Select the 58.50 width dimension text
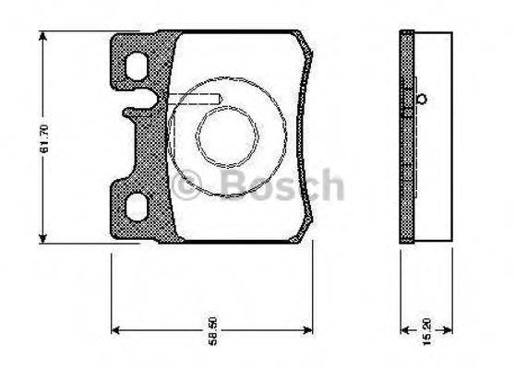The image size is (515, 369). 212,330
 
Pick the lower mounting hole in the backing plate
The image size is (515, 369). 136,206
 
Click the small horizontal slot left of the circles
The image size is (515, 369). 191,99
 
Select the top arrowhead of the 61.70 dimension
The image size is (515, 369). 43,35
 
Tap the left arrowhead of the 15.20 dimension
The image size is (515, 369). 403,329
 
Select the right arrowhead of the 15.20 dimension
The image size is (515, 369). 447,329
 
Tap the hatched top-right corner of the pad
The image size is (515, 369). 301,41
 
